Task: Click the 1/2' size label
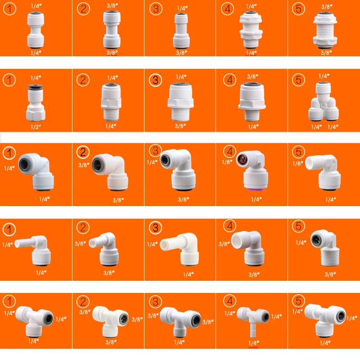[36, 127]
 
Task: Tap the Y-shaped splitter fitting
[323, 102]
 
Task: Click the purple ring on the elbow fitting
[255, 189]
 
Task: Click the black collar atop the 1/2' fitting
[36, 86]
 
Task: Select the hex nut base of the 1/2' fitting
[36, 115]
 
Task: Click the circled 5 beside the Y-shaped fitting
[298, 80]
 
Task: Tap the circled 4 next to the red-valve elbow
[230, 152]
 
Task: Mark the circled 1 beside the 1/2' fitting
[9, 80]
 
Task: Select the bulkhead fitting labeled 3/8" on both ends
[325, 30]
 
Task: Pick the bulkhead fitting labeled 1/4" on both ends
[251, 29]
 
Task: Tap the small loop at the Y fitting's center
[323, 106]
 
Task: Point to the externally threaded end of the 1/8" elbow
[314, 162]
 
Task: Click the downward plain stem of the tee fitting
[253, 330]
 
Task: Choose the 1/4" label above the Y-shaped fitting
[324, 76]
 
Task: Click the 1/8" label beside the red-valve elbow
[227, 162]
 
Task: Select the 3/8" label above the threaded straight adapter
[252, 76]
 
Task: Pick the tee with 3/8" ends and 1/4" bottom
[180, 321]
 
